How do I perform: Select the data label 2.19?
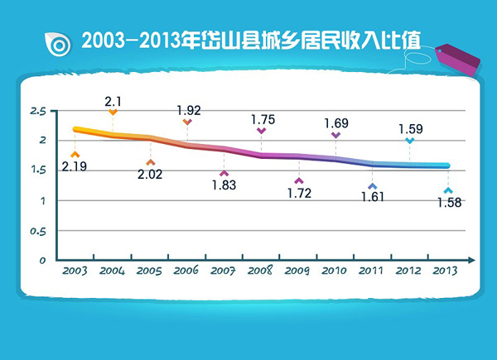click(x=74, y=167)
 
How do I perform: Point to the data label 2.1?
click(x=113, y=101)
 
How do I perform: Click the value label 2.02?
click(x=151, y=175)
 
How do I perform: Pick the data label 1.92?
click(x=189, y=110)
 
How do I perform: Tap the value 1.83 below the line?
click(x=224, y=185)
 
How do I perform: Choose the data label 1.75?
click(x=263, y=119)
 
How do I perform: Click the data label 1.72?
click(x=298, y=193)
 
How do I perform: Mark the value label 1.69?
click(x=335, y=123)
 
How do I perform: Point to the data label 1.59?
click(x=411, y=129)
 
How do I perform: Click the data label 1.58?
click(x=448, y=203)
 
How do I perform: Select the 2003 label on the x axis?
click(x=75, y=270)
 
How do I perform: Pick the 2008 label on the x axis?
click(x=262, y=270)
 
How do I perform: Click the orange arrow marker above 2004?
click(x=113, y=112)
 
